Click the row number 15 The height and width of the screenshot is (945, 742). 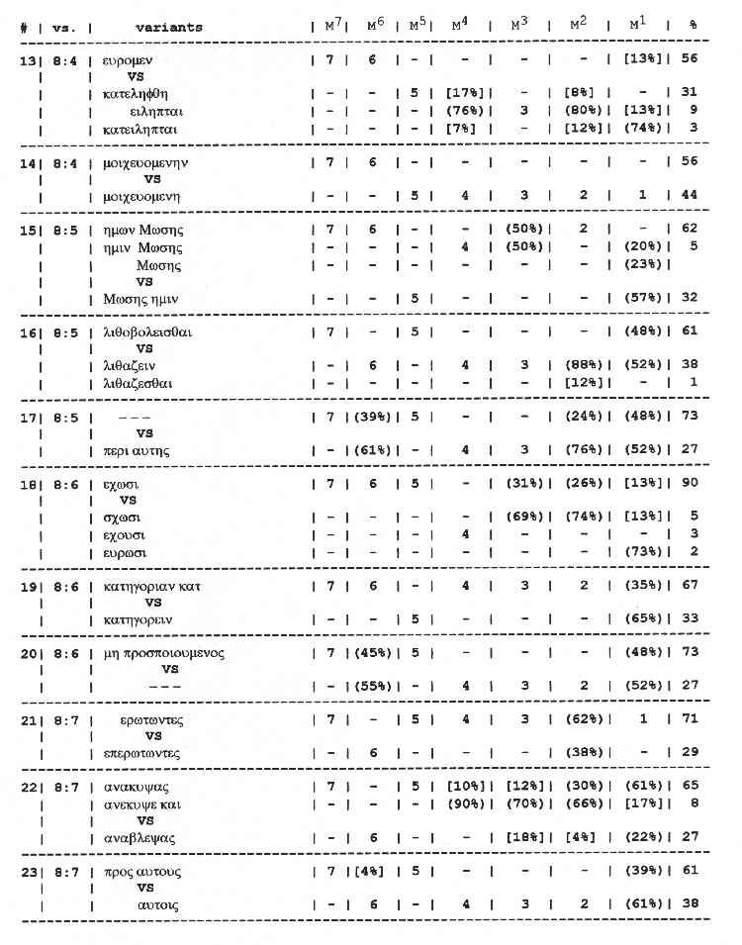pyautogui.click(x=27, y=231)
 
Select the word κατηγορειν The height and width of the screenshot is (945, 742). pyautogui.click(x=138, y=618)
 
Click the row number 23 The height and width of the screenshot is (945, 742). pyautogui.click(x=27, y=872)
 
